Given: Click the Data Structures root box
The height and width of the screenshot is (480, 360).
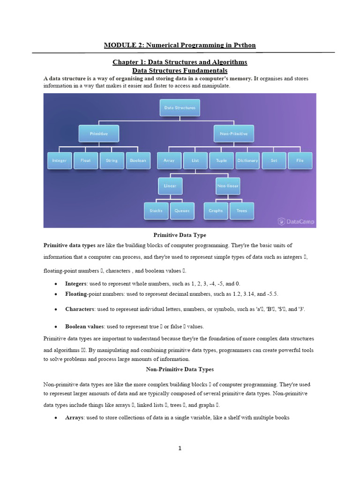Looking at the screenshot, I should (x=180, y=107).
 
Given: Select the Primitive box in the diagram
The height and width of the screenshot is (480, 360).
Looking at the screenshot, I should (x=98, y=134).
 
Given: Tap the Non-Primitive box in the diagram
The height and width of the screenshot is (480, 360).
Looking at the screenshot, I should (x=234, y=134).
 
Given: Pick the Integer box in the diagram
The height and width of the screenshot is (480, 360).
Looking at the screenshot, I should (x=60, y=160).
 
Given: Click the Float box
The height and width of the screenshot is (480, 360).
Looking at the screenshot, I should (x=86, y=160).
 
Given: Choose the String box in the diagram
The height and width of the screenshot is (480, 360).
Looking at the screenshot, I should (x=112, y=160).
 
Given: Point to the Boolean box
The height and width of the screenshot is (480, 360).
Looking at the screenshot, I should (x=138, y=160).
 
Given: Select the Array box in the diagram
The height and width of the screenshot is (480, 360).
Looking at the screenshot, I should (x=169, y=160).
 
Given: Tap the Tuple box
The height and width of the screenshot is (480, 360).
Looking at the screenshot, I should (x=221, y=160).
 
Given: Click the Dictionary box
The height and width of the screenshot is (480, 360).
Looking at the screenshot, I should (x=247, y=160).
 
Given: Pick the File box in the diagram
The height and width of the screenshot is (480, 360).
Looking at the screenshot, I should (x=300, y=160).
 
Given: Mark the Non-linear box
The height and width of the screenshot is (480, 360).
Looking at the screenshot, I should (x=228, y=186).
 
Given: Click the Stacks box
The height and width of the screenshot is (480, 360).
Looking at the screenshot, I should (x=156, y=210).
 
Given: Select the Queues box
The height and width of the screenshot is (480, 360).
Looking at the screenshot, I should (x=182, y=210).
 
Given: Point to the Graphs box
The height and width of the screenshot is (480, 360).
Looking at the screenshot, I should (x=216, y=210).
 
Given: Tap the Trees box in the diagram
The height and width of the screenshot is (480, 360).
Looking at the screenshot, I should (x=242, y=210).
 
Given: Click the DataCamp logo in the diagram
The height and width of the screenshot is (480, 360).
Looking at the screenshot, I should (x=296, y=221).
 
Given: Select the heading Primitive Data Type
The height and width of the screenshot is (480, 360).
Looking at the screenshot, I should (x=180, y=235).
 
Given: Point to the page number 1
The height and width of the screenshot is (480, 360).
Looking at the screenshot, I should (x=180, y=449).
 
